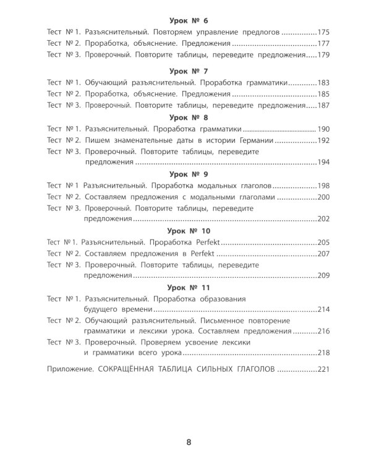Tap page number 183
(x=325, y=83)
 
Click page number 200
(x=325, y=198)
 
